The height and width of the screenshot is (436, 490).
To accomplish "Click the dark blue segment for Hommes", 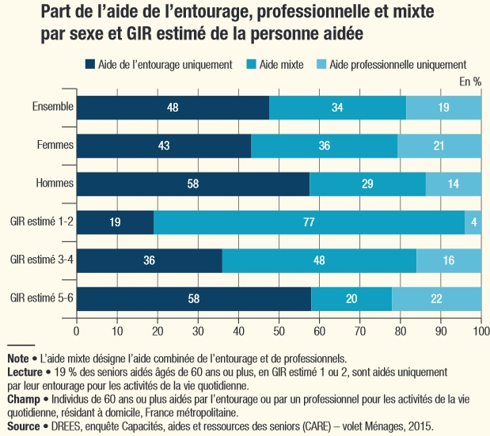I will (192, 184).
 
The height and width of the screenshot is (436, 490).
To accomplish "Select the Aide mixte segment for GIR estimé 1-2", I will (309, 222).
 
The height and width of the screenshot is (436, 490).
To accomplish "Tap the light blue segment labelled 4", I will (473, 222).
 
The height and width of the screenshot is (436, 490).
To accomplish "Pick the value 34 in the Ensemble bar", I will (337, 107).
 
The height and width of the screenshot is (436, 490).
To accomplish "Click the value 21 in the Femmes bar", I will (439, 146).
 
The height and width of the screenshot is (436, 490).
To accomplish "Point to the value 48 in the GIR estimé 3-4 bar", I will (319, 260).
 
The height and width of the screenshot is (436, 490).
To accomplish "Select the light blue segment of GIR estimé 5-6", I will (436, 299).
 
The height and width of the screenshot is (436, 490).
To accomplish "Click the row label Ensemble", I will (53, 106).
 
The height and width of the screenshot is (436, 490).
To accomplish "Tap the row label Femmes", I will (55, 145).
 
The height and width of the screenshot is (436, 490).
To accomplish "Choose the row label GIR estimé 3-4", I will (41, 260).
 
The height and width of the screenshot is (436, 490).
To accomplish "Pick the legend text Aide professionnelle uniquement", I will (397, 64).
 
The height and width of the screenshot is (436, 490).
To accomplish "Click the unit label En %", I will (469, 81).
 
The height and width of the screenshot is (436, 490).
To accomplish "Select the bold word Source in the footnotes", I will (24, 426).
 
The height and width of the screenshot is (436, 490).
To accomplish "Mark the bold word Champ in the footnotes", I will (23, 400).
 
